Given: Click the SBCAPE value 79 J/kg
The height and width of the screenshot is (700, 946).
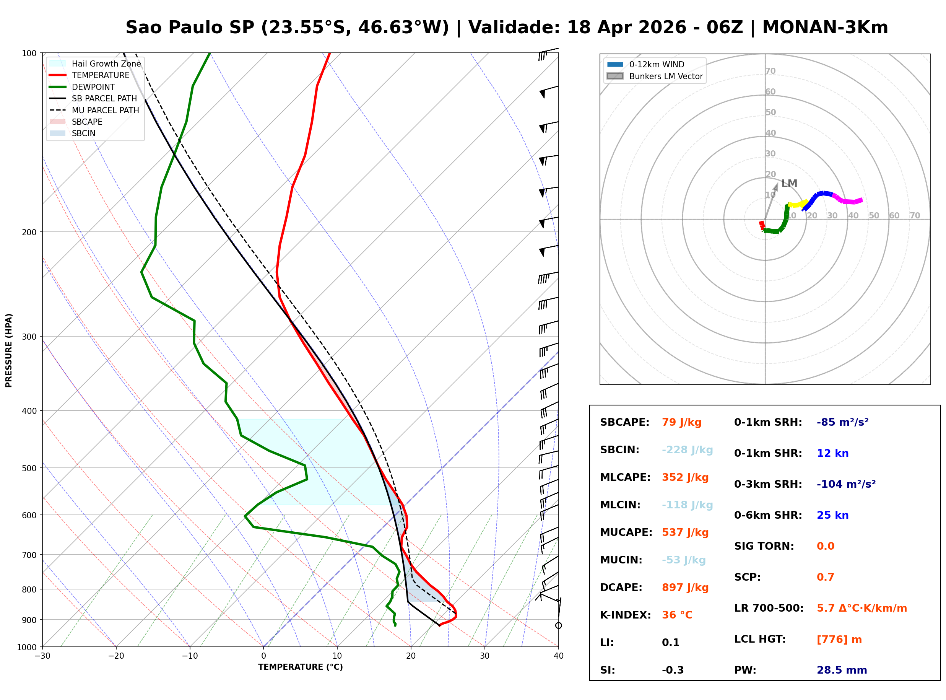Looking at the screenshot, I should [x=682, y=422].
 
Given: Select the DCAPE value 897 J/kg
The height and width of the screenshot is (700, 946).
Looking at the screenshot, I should [x=685, y=588].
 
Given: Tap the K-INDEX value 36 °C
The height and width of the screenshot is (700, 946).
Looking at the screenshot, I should [x=677, y=615].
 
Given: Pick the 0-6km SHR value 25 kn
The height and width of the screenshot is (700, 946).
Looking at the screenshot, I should [x=832, y=515].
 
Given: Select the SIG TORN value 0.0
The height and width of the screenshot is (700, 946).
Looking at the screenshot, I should [x=825, y=546].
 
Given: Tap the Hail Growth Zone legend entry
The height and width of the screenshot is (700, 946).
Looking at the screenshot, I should [x=106, y=63].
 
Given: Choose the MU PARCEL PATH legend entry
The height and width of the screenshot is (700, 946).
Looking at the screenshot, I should [x=105, y=110].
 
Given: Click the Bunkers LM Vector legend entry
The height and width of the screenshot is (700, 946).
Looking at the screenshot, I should [x=666, y=76].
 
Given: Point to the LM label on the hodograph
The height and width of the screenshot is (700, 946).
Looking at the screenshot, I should [x=789, y=184].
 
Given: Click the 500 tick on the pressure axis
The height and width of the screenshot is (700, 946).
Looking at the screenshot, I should [x=29, y=468].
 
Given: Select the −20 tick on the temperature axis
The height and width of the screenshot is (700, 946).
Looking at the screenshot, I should [x=115, y=656].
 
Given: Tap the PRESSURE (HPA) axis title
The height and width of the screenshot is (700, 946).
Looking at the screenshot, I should [x=9, y=350].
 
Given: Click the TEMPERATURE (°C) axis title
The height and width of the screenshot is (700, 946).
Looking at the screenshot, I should [x=300, y=667].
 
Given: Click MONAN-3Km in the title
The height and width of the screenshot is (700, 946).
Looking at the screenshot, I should [x=825, y=28].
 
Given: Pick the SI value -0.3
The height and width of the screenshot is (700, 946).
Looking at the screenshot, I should [x=673, y=670].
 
